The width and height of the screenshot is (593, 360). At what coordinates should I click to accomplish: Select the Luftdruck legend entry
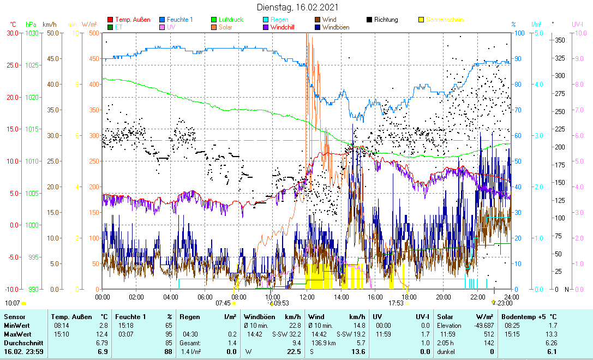pos(231,20)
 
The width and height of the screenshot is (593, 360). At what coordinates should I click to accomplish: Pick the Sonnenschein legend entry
pos(445,20)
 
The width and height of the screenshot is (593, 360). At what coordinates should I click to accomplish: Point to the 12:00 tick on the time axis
pos(307,297)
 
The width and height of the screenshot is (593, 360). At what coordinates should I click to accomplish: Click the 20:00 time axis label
pos(443,297)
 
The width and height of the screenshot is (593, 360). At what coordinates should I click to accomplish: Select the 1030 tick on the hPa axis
pos(32,33)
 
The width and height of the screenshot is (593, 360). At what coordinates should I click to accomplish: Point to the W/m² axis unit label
pos(89,25)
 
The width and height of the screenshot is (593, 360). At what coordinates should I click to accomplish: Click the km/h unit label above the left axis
pos(49,25)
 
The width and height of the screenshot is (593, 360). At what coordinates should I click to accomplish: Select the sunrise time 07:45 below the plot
pos(223,303)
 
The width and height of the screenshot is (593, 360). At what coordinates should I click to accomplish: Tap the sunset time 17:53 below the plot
pos(396,303)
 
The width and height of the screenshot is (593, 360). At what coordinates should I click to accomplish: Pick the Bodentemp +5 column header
pos(529,316)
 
